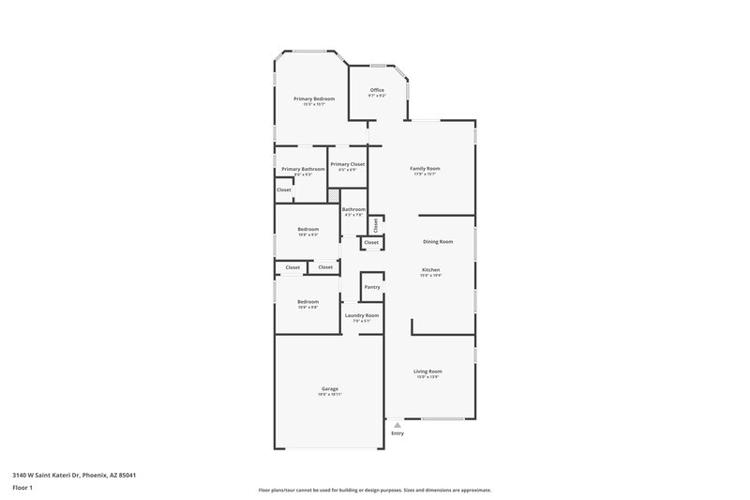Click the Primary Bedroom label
(x=313, y=98)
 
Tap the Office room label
(x=377, y=90)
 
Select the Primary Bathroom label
(x=303, y=169)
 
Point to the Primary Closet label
(x=347, y=164)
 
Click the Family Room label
(x=425, y=169)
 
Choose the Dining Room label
(x=438, y=242)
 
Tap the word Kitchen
(x=430, y=269)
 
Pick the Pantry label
(x=371, y=286)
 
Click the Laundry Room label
(x=361, y=315)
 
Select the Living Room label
(x=427, y=371)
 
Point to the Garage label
(x=329, y=388)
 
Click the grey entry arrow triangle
(x=397, y=425)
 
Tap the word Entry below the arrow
(x=397, y=433)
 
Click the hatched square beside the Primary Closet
(x=332, y=194)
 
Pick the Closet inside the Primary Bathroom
(x=283, y=189)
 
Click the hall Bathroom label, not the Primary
(x=353, y=209)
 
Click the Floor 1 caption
(x=22, y=489)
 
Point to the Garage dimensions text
(x=329, y=395)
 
